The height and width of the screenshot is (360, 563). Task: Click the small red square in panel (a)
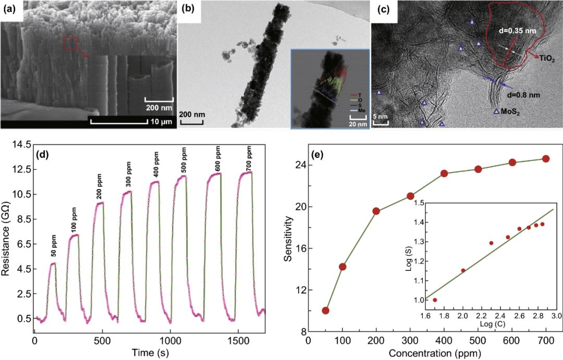[71, 44]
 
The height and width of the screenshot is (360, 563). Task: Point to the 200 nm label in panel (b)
[191, 113]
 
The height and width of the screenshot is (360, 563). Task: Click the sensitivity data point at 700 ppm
[546, 158]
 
